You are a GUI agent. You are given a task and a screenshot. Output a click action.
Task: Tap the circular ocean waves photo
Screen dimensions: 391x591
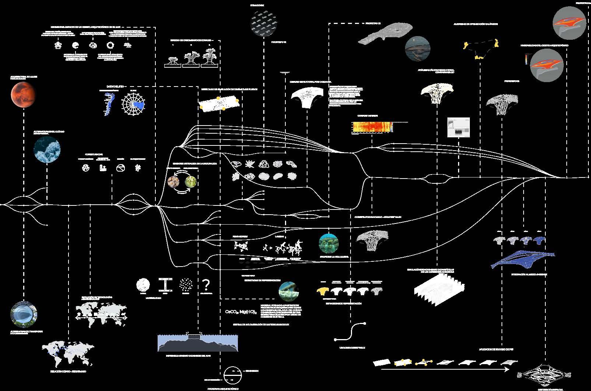47,149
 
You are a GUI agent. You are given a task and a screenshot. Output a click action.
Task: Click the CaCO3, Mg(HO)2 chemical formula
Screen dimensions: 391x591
241,312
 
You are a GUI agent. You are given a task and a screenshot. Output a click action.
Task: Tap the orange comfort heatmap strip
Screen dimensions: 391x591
372,127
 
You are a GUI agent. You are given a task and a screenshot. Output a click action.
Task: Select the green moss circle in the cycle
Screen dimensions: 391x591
191,181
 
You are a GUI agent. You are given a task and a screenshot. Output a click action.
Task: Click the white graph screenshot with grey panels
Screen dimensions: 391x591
458,127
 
